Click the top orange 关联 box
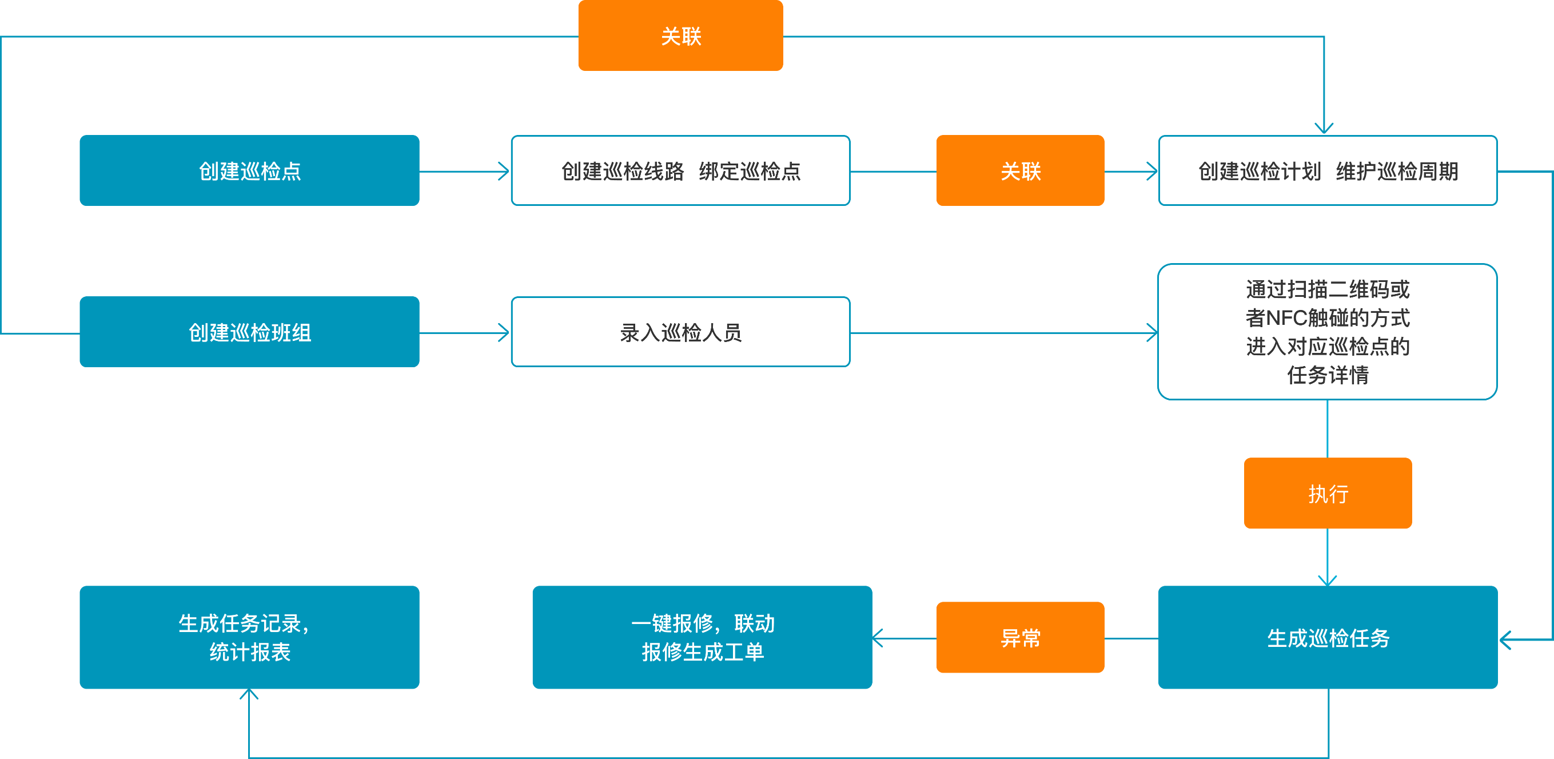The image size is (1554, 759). pyautogui.click(x=680, y=35)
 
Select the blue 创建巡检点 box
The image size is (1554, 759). pyautogui.click(x=249, y=171)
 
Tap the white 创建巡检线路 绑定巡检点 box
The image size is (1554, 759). pyautogui.click(x=680, y=171)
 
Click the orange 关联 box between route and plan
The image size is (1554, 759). pyautogui.click(x=1020, y=171)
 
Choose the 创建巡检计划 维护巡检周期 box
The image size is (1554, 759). pyautogui.click(x=1327, y=171)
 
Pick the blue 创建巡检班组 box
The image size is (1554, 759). pyautogui.click(x=249, y=332)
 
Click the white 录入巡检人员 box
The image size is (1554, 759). pyautogui.click(x=680, y=332)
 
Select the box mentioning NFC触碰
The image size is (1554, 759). pyautogui.click(x=1327, y=332)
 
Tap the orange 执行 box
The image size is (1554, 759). pyautogui.click(x=1327, y=493)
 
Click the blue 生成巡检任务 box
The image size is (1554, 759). pyautogui.click(x=1327, y=637)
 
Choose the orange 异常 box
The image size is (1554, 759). pyautogui.click(x=1020, y=637)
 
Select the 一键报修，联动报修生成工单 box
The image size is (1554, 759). pyautogui.click(x=702, y=637)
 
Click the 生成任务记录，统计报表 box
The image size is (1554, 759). pyautogui.click(x=249, y=637)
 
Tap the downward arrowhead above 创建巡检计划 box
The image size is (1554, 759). pyautogui.click(x=1324, y=128)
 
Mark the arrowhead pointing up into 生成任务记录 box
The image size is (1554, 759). pyautogui.click(x=249, y=694)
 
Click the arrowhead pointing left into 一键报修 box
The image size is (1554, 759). pyautogui.click(x=878, y=638)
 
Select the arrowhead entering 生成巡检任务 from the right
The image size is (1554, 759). pyautogui.click(x=1506, y=639)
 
